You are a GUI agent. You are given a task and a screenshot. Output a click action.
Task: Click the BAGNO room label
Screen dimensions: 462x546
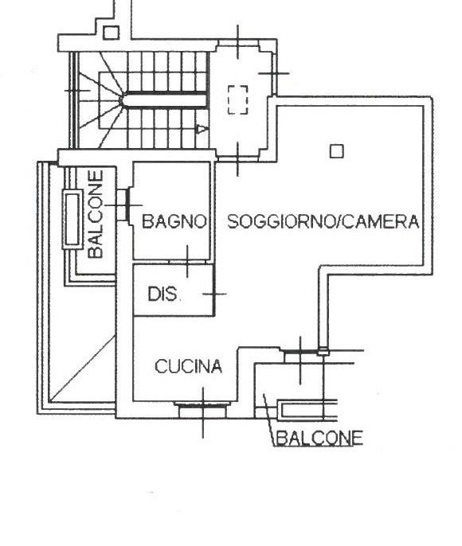pyautogui.click(x=174, y=221)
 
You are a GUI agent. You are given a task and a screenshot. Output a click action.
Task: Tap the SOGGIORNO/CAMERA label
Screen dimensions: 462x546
pyautogui.click(x=323, y=221)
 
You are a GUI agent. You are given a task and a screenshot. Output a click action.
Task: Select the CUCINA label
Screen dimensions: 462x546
pyautogui.click(x=189, y=366)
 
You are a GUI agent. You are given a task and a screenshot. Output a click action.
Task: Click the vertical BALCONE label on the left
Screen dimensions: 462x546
pyautogui.click(x=96, y=214)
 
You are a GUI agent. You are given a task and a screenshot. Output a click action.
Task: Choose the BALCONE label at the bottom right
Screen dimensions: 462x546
pyautogui.click(x=319, y=438)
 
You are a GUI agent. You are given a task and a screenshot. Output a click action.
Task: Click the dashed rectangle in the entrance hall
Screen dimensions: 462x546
pyautogui.click(x=238, y=99)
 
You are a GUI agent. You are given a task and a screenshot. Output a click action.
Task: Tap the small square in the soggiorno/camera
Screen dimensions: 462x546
pyautogui.click(x=337, y=151)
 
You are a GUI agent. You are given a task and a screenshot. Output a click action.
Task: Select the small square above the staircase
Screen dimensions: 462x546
pyautogui.click(x=112, y=33)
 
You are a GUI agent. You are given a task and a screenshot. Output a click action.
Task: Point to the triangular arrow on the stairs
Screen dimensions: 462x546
pyautogui.click(x=201, y=129)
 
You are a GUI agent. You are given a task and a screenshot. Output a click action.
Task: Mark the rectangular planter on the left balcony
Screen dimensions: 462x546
pyautogui.click(x=72, y=220)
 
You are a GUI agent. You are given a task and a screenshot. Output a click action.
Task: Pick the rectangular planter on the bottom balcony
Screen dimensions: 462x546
pyautogui.click(x=308, y=410)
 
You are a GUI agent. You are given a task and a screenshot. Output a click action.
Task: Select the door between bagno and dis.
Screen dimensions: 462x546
pyautogui.click(x=187, y=262)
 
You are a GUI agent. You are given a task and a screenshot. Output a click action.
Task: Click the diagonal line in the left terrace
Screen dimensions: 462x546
pyautogui.click(x=83, y=369)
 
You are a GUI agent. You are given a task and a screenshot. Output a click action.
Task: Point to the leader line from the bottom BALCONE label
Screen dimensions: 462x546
pyautogui.click(x=268, y=420)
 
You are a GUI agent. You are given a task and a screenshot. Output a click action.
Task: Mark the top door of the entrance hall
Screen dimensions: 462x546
pyautogui.click(x=238, y=42)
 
